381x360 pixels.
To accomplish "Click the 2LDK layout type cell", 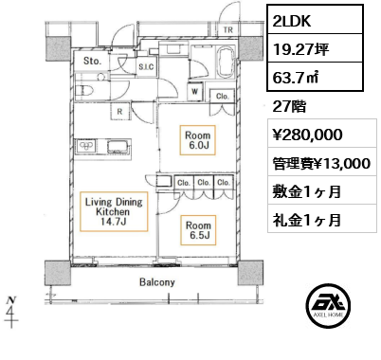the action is click(316, 20).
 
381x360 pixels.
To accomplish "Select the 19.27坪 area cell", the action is click(316, 48).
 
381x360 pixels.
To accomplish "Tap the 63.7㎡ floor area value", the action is click(316, 77).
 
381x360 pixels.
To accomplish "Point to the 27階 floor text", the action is click(289, 106).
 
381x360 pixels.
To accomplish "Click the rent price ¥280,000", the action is click(307, 135).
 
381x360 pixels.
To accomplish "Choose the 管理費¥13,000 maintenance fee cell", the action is click(322, 163).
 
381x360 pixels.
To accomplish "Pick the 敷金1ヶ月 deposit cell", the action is click(322, 191).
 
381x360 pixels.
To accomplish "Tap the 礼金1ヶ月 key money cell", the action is click(322, 220).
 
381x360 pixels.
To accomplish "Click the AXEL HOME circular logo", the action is click(328, 305).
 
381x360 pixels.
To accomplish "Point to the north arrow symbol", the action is click(11, 312).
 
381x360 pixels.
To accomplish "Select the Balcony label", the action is click(157, 282).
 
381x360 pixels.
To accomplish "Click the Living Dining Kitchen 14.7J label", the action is click(114, 211).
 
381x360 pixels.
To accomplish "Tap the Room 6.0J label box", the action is click(198, 140).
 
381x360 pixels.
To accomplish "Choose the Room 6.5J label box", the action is click(198, 230).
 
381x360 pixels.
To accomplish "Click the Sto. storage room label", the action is click(92, 61).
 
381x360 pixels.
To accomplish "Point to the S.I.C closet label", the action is click(146, 67).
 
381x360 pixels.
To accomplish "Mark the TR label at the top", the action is click(228, 30).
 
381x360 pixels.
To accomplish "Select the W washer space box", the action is click(195, 92).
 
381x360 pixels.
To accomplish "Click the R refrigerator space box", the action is click(119, 112).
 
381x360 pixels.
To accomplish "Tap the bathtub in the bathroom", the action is click(227, 62).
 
